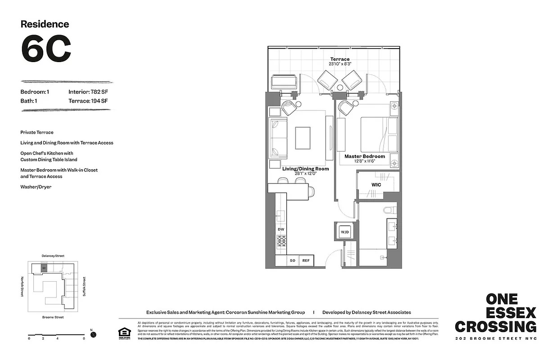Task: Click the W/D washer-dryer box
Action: pos(344,232)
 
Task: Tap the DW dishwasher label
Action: pos(281,229)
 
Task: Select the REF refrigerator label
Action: pos(306,261)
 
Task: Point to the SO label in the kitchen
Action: pos(292,261)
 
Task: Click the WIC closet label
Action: pos(376,184)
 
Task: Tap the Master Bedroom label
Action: pos(365,156)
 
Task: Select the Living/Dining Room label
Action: pos(305,169)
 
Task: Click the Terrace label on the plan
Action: pos(340,59)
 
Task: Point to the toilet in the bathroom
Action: pos(390,210)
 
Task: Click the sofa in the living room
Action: pos(278,138)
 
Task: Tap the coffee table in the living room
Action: pos(303,137)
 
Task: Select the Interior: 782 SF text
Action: pos(88,92)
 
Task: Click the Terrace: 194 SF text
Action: pos(88,101)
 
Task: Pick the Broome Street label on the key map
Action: pos(53,317)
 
